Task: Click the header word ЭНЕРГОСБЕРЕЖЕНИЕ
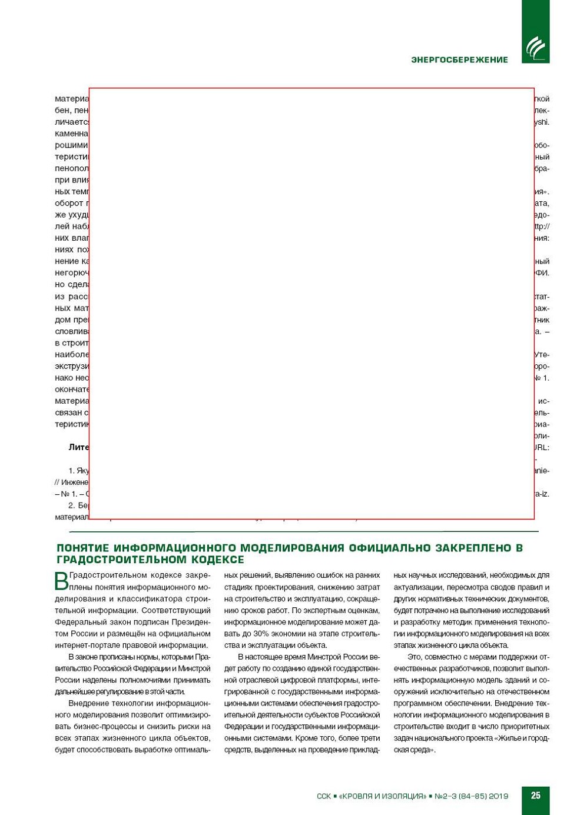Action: tap(459, 59)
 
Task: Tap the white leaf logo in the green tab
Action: tap(535, 48)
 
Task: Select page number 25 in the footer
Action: tap(535, 796)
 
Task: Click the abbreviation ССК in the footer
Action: tap(324, 796)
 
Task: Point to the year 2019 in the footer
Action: tap(499, 796)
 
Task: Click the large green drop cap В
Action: tap(61, 581)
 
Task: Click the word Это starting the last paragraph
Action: tap(414, 657)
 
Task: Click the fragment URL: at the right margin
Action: tap(542, 447)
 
